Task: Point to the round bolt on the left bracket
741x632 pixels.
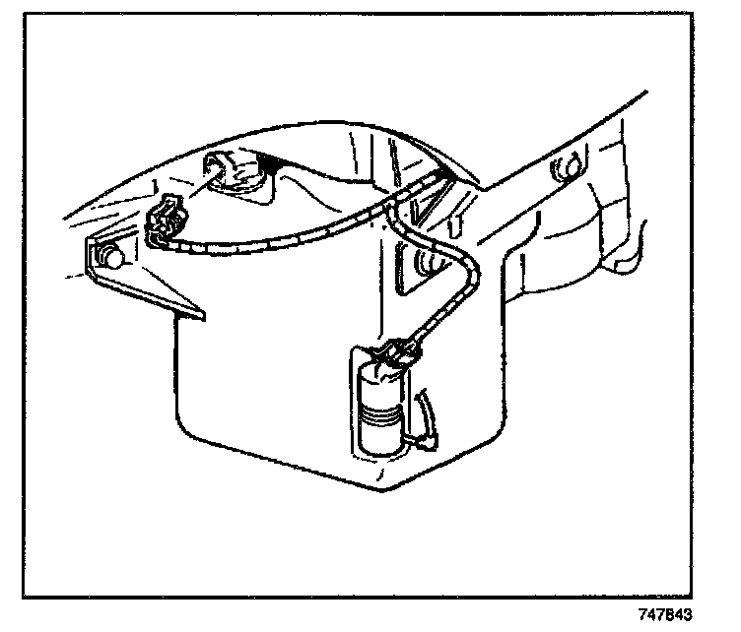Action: (109, 258)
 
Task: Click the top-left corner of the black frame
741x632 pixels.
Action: (24, 15)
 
